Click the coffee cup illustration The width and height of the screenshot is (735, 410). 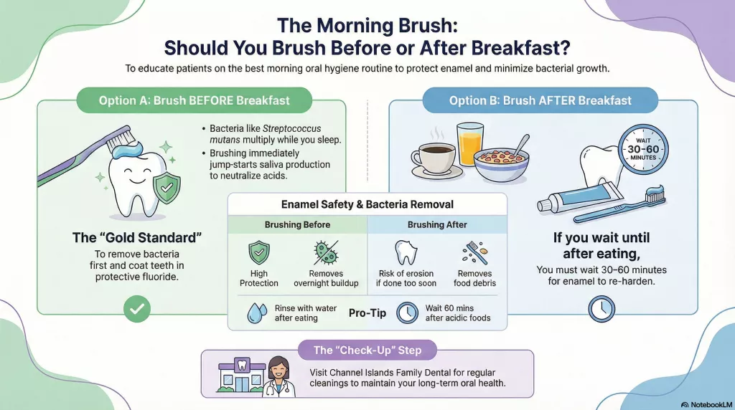tap(434, 158)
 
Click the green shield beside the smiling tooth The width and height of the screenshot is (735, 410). tap(167, 188)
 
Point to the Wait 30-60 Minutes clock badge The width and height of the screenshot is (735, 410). tap(643, 150)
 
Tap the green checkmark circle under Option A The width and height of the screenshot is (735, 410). tap(137, 309)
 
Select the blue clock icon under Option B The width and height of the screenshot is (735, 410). tap(601, 309)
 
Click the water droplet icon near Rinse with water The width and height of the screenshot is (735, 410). tap(257, 313)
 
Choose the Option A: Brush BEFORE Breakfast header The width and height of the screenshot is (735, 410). tap(194, 100)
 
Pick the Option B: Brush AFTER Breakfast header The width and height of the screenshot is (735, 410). tap(540, 100)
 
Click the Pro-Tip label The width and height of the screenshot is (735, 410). tap(367, 313)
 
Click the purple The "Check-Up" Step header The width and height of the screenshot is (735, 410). tap(367, 350)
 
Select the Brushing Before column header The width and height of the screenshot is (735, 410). tap(297, 224)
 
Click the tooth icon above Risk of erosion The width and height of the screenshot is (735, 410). tap(406, 253)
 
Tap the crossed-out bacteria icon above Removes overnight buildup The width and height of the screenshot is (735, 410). tap(326, 253)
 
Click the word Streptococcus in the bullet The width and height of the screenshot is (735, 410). tap(291, 128)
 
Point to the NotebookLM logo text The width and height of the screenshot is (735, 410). tap(706, 404)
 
